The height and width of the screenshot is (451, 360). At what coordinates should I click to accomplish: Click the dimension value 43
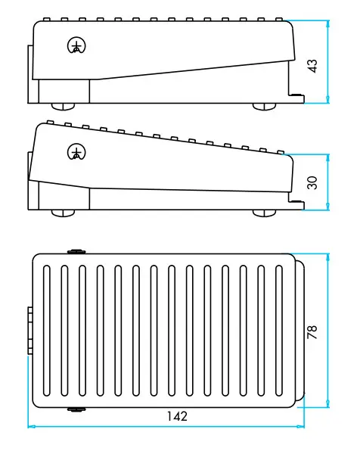(x=312, y=66)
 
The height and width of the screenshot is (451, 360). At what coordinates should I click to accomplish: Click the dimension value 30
(x=312, y=182)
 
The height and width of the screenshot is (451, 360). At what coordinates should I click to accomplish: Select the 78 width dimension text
(x=312, y=332)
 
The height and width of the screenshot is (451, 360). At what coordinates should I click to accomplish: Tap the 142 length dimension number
(x=177, y=416)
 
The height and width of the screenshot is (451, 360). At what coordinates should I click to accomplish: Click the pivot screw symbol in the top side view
(x=77, y=45)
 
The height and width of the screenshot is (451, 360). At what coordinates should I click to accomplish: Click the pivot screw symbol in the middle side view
(x=77, y=152)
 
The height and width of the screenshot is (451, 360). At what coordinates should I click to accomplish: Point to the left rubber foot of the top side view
(x=63, y=107)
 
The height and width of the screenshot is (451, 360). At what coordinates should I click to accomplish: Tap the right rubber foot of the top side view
(x=264, y=107)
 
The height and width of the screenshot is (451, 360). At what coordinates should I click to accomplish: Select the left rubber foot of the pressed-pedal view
(x=63, y=213)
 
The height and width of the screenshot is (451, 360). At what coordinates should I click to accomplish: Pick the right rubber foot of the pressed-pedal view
(x=264, y=213)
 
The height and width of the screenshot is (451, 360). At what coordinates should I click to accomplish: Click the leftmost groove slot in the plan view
(x=46, y=331)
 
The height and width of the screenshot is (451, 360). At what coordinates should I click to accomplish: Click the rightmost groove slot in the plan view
(x=278, y=331)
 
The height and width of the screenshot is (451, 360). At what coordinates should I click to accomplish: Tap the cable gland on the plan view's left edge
(x=30, y=331)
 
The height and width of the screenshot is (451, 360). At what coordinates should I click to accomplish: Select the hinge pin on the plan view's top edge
(x=76, y=252)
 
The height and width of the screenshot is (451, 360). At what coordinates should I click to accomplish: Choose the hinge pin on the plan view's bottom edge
(x=76, y=409)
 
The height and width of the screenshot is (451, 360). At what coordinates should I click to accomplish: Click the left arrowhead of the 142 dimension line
(x=31, y=426)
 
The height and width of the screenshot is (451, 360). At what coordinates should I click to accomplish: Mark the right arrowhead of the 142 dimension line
(x=301, y=426)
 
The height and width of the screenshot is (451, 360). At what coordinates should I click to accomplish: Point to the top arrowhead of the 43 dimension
(x=327, y=24)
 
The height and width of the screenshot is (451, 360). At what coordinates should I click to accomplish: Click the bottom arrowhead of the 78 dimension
(x=327, y=403)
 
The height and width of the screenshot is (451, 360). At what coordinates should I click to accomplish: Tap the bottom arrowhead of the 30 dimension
(x=327, y=206)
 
